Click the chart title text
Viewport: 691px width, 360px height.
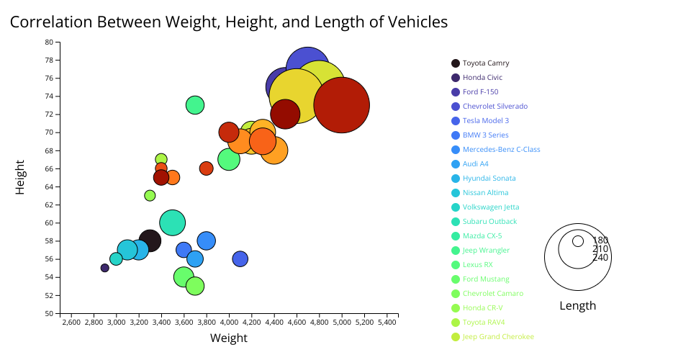229,22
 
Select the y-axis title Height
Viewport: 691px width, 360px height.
22,177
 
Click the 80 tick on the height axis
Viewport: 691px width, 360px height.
49,42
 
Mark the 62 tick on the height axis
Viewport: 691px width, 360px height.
49,204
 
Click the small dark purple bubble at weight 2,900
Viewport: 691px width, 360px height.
105,268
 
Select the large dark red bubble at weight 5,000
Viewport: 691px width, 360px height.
342,105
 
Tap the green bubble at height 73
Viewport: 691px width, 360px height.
195,105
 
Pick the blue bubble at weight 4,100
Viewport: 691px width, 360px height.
240,258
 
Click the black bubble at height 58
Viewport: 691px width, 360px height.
150,240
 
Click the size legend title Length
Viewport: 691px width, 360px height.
577,306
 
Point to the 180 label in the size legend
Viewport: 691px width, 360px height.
600,240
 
